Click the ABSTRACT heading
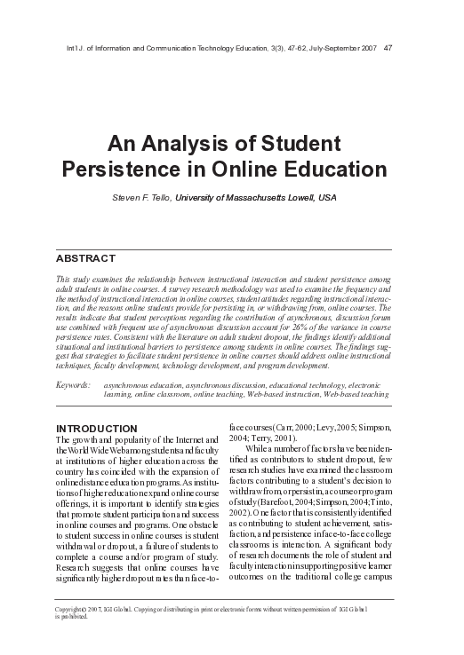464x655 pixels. [x=85, y=258]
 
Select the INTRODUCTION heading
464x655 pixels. [x=96, y=429]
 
